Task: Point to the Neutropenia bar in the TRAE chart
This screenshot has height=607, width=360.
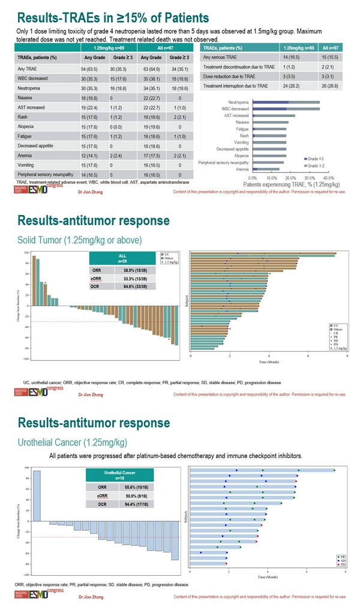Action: [286, 102]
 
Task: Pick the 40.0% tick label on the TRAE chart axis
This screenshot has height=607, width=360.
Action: [329, 178]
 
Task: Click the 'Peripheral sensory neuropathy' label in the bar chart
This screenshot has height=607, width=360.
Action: [224, 162]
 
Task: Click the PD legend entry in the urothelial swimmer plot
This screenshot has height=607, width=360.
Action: [342, 565]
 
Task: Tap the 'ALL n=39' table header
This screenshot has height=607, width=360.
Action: [122, 258]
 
